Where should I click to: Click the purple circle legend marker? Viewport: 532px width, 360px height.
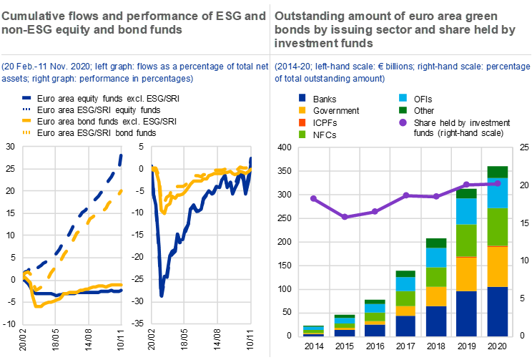[x=403, y=122]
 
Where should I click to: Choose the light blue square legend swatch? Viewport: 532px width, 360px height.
[x=403, y=97]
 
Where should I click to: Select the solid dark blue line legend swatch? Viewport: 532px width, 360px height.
[x=27, y=97]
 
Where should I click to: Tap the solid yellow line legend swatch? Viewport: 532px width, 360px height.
[x=27, y=120]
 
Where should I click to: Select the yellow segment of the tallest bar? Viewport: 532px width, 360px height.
[x=498, y=266]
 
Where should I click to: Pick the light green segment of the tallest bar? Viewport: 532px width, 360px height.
[x=498, y=227]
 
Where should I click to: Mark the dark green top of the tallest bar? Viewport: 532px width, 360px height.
[x=498, y=172]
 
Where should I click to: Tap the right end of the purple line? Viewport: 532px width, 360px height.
[x=498, y=183]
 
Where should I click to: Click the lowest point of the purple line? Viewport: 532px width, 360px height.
[x=345, y=216]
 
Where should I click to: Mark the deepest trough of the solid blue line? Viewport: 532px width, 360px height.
[x=162, y=294]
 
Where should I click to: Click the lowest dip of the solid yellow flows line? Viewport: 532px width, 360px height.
[x=36, y=306]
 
